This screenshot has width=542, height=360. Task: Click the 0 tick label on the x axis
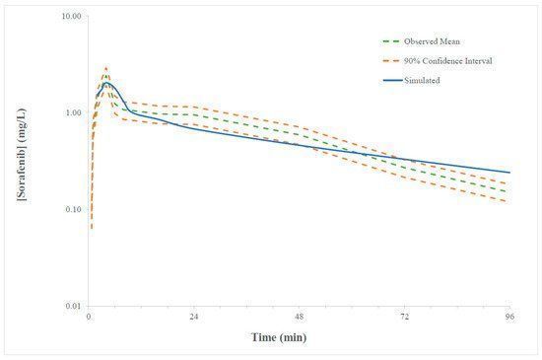89,318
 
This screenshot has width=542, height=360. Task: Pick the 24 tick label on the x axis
194,318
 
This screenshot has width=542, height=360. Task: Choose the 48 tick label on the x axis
300,318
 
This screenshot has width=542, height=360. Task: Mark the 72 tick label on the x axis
404,318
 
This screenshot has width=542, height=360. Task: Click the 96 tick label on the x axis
509,318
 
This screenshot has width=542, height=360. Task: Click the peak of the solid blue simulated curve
106,84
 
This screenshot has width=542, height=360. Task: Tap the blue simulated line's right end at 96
509,173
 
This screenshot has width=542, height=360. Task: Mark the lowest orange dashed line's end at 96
509,202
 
